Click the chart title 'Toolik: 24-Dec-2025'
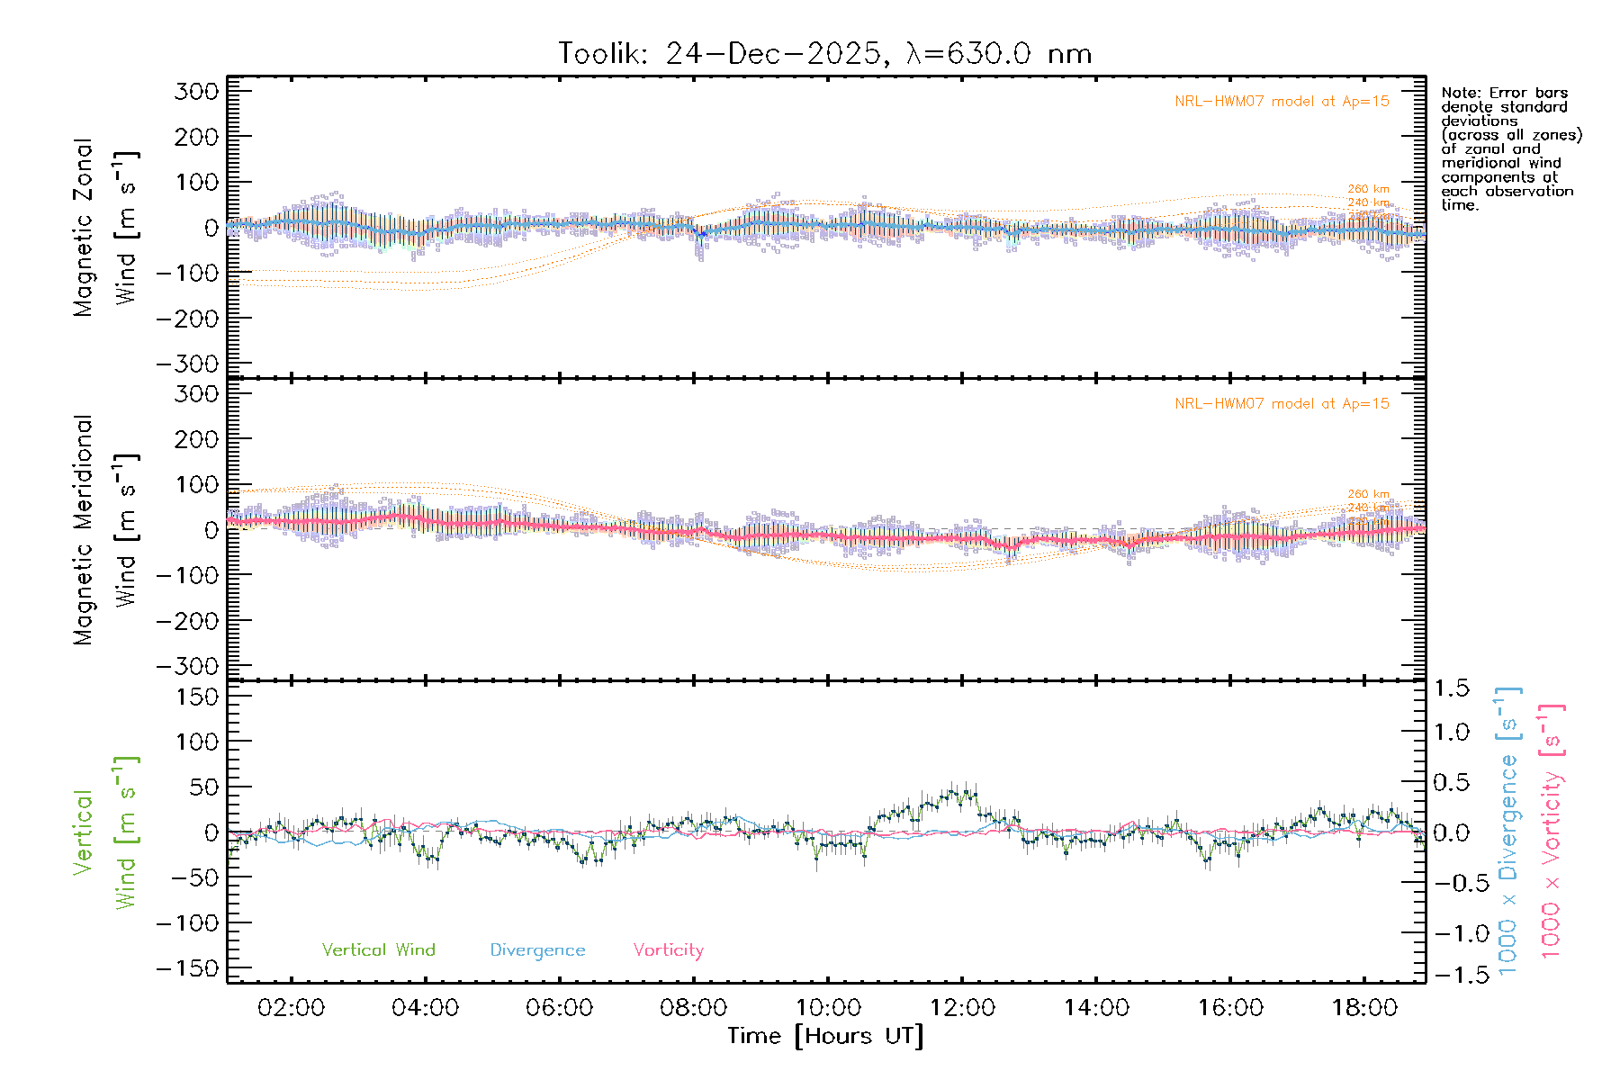tap(720, 54)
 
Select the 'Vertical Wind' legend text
tap(378, 950)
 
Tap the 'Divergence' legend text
tap(537, 950)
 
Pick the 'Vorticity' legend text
tap(668, 950)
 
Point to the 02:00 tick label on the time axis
tap(291, 1008)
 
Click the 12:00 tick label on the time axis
tap(962, 1008)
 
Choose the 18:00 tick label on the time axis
tap(1364, 1008)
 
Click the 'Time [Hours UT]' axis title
tap(825, 1037)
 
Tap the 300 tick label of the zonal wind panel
tap(196, 92)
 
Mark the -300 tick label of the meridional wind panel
tap(187, 667)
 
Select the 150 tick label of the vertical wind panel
tap(196, 697)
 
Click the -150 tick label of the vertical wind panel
tap(187, 969)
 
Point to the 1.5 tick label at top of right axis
tap(1452, 688)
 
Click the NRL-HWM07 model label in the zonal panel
tap(1282, 102)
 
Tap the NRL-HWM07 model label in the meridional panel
tap(1282, 404)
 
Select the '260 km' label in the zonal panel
tap(1368, 189)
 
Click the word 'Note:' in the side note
tap(1462, 93)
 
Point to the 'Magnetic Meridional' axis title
tap(84, 531)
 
